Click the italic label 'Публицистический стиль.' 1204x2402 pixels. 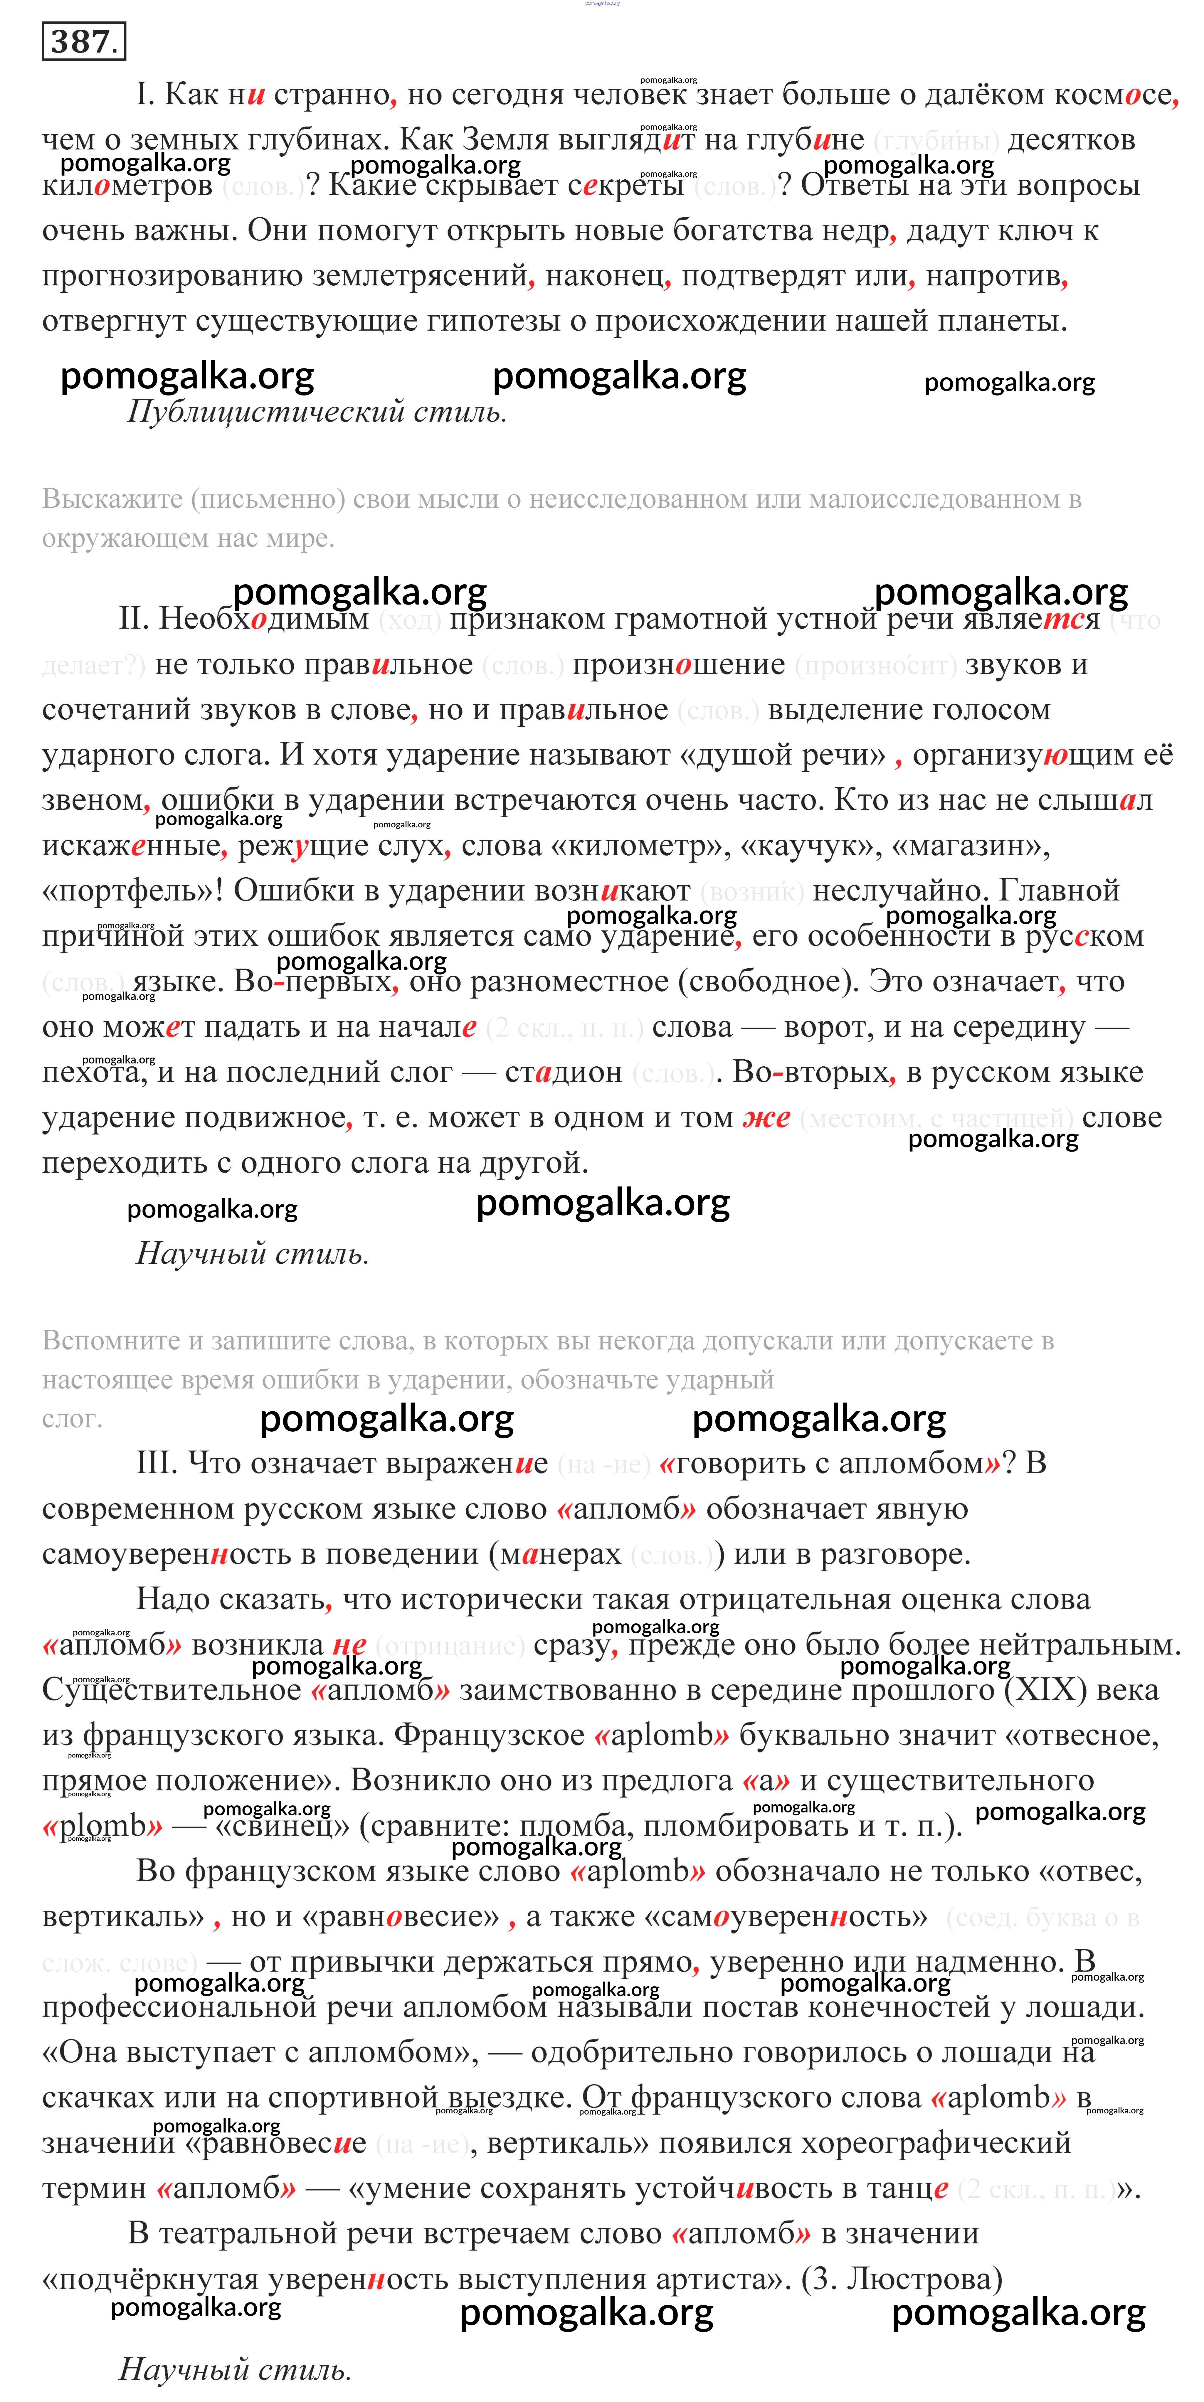[x=317, y=411]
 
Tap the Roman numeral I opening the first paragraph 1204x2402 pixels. [x=144, y=94]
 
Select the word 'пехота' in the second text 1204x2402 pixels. [x=92, y=1072]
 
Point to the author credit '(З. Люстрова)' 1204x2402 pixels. [x=902, y=2278]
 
